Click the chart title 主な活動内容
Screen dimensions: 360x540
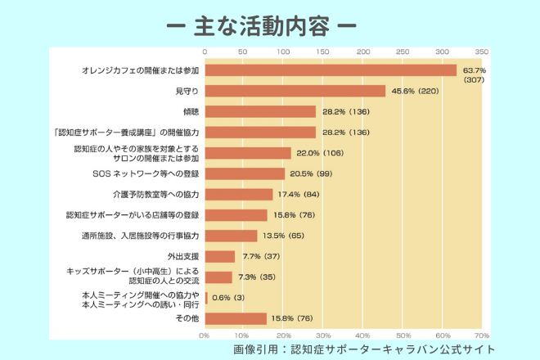(271, 27)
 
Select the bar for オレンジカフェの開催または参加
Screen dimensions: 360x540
(331, 70)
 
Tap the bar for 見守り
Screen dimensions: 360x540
(295, 91)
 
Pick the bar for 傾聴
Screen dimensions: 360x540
(260, 111)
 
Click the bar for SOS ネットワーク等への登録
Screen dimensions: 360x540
(245, 173)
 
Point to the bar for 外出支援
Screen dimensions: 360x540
(219, 256)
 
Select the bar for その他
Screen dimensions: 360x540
(236, 318)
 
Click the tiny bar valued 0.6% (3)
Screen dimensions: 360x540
(206, 298)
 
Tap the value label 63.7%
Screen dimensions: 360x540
(475, 70)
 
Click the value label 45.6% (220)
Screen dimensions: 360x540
(416, 92)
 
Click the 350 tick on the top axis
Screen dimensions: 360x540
(481, 51)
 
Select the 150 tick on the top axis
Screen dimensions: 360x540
(323, 51)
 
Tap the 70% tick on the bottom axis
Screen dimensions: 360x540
(481, 335)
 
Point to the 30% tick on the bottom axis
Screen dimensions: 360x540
(323, 335)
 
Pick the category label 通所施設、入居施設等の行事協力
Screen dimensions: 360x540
(134, 236)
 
